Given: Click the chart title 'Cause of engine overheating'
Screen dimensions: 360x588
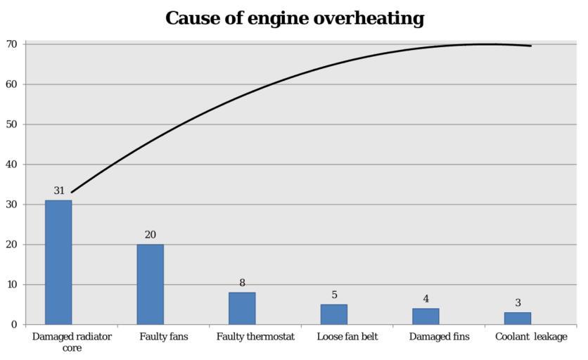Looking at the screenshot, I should [295, 18].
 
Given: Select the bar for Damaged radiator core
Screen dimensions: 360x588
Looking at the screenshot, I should [58, 262].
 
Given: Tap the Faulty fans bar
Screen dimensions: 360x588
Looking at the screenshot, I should [150, 284].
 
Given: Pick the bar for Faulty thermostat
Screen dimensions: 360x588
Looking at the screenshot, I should [242, 308].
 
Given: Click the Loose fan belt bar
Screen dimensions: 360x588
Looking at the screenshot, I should [333, 314].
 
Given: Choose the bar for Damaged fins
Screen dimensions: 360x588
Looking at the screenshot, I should [426, 316].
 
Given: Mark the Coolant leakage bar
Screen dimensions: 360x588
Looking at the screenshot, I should [518, 319].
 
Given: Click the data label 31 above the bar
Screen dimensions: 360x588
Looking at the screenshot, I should [59, 191].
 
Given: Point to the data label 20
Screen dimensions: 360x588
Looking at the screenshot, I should [151, 235].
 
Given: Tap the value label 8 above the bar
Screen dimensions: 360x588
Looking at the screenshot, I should [242, 283].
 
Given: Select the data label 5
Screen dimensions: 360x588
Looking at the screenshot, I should [334, 295].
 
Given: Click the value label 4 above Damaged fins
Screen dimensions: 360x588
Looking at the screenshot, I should [426, 299].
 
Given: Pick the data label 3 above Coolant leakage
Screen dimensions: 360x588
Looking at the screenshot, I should [518, 303].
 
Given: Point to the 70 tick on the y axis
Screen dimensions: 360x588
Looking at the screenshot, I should [12, 44].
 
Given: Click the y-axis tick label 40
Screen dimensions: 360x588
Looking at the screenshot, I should [12, 165].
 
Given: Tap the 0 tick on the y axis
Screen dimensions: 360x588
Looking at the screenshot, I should [14, 325].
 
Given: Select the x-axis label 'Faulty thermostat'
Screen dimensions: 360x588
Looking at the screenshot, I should [255, 337].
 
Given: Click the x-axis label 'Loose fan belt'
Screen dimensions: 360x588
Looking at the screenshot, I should [347, 337].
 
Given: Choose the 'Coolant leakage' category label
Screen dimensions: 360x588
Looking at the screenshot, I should [531, 337].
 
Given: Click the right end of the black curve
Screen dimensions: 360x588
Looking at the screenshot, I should [530, 46].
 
